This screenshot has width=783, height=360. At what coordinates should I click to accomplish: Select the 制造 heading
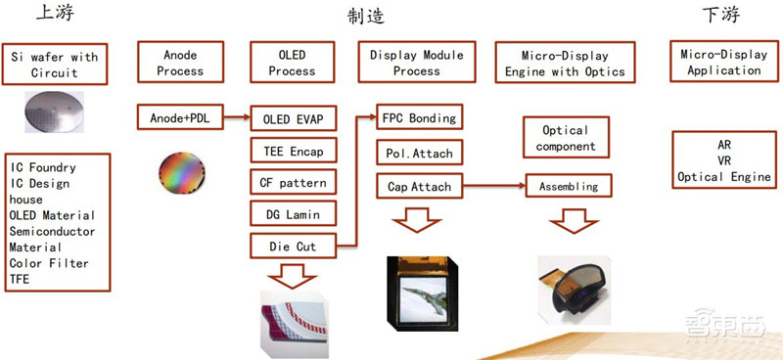click(x=365, y=17)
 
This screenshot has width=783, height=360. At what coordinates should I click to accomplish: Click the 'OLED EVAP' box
click(x=293, y=120)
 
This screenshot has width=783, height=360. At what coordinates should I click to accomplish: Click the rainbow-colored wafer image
click(x=182, y=170)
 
